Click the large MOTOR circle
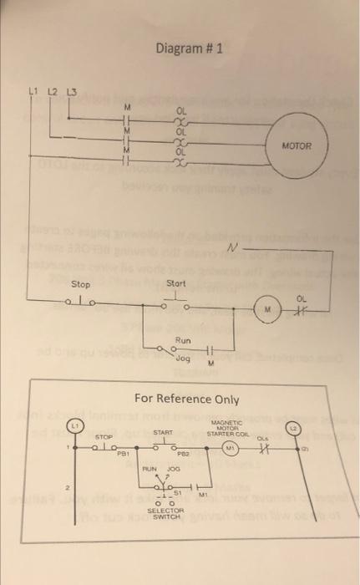(x=297, y=145)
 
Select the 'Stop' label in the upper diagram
(x=81, y=284)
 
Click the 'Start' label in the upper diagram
(x=175, y=284)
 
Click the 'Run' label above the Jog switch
(x=183, y=341)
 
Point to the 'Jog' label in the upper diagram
(x=185, y=357)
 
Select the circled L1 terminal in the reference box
(x=74, y=427)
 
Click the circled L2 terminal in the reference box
(x=305, y=427)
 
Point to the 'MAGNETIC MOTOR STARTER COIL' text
(x=228, y=428)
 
